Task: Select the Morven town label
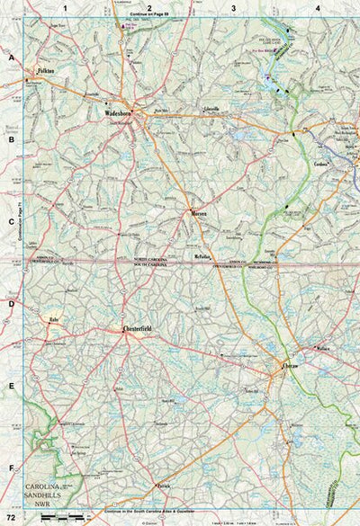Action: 199,213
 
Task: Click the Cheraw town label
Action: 289,366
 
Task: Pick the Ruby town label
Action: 54,318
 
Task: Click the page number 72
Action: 11,518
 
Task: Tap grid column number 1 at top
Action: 66,7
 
